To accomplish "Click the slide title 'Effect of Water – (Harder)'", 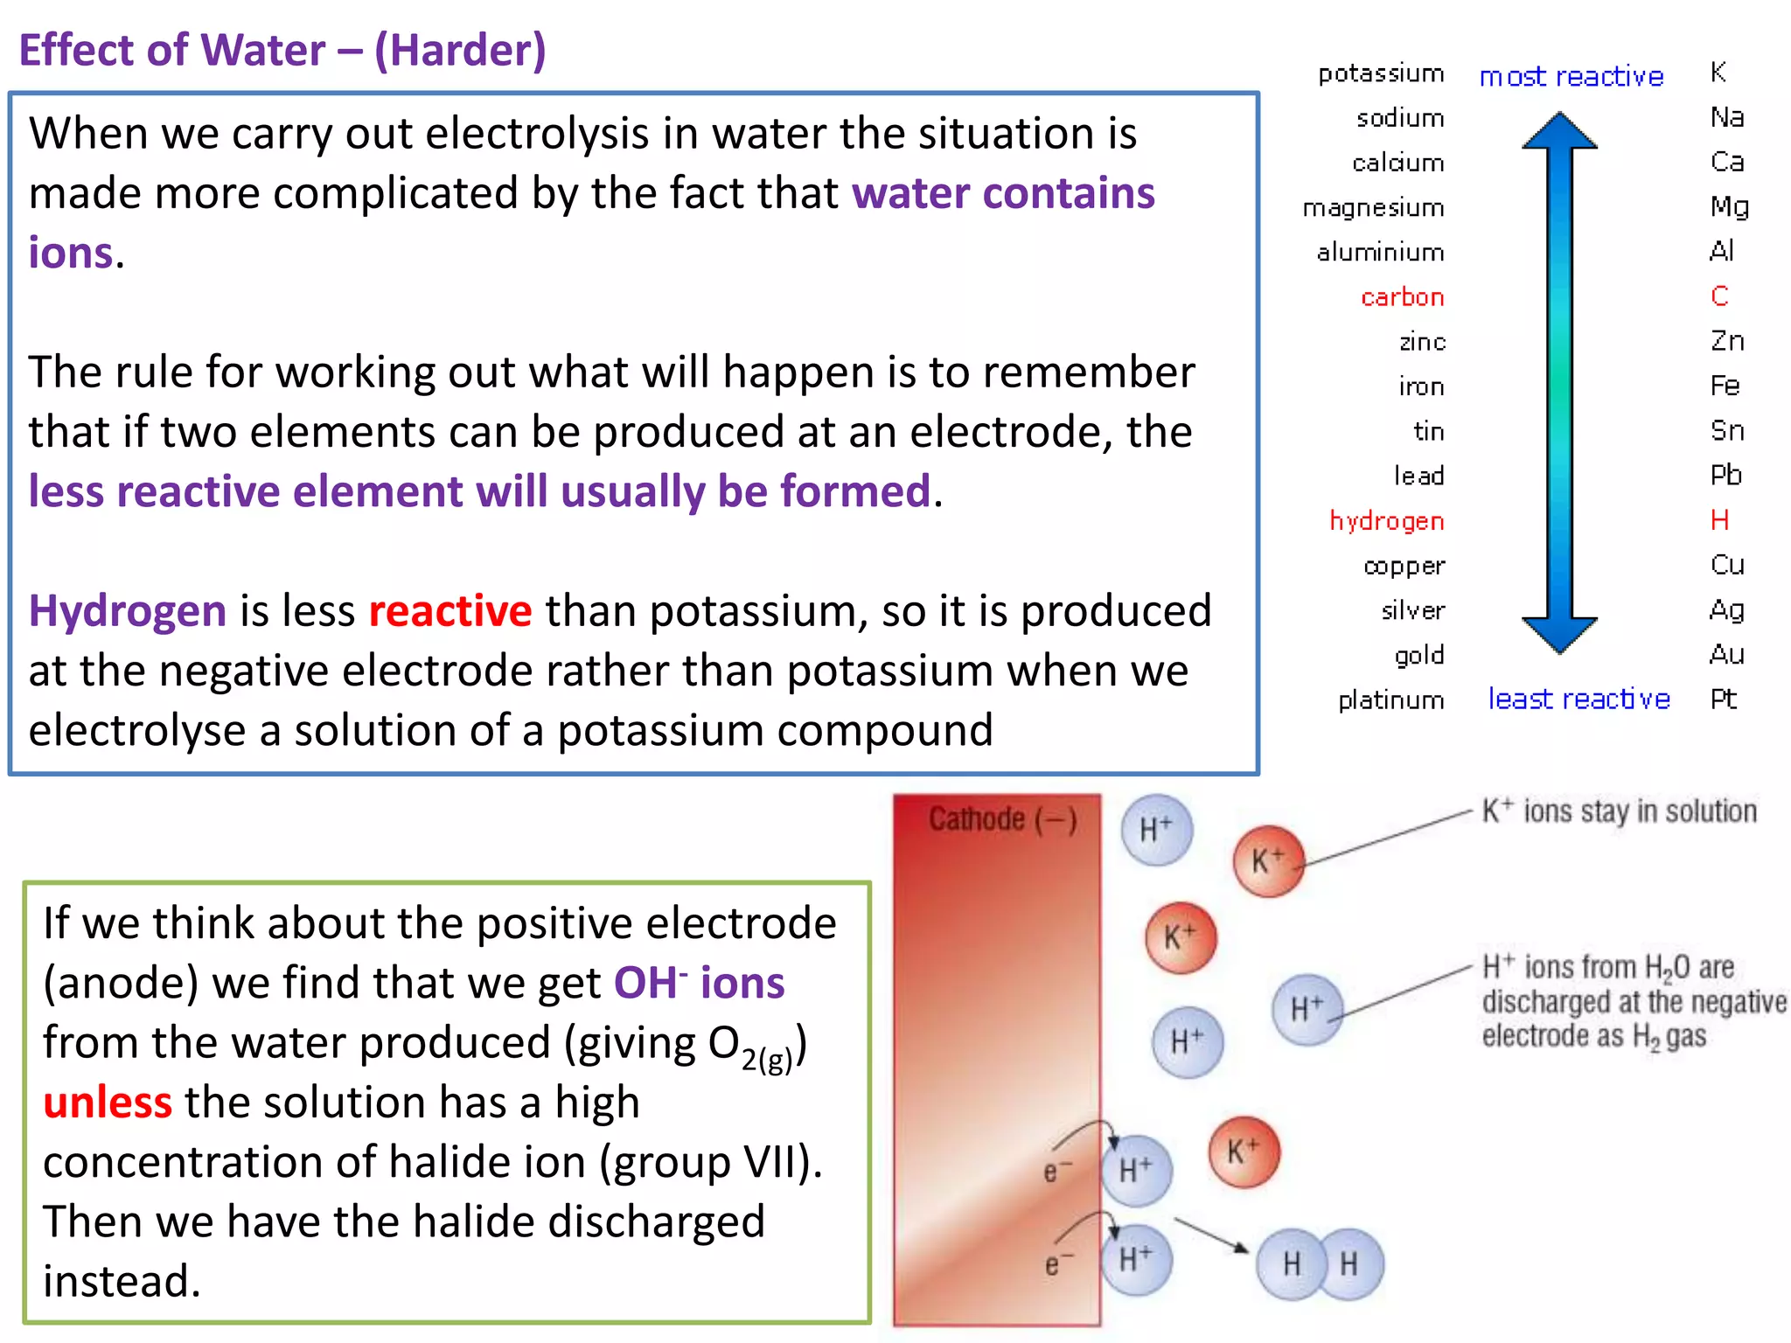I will [282, 50].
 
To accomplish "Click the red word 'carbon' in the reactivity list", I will [1402, 297].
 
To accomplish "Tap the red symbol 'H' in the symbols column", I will [1719, 520].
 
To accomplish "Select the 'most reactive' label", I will [1571, 77].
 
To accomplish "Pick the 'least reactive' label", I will [1578, 699].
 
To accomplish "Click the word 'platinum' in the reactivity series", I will [1390, 699].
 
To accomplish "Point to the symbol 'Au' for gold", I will [1726, 654].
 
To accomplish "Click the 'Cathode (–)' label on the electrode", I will [1002, 819].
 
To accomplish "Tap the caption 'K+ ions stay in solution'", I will [1619, 811].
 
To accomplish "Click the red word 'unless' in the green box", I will [108, 1103].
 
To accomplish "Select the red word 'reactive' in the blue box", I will [449, 610].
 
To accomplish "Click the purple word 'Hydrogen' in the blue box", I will [128, 610].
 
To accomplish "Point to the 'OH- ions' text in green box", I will [699, 983].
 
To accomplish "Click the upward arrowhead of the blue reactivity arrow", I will [1559, 131].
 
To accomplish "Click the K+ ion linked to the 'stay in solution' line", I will [1268, 861].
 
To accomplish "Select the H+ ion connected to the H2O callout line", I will [1307, 1010].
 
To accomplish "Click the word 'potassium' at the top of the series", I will [1381, 73].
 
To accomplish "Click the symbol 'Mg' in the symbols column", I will [1729, 206].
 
